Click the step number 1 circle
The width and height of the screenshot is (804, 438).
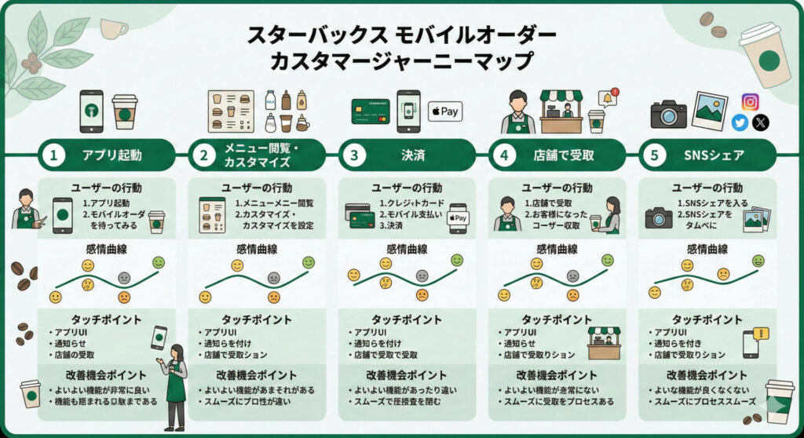53,155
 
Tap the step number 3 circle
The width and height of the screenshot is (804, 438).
353,155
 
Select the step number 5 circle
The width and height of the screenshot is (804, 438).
653,155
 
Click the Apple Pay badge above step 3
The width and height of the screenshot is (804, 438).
444,111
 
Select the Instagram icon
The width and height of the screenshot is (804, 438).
751,101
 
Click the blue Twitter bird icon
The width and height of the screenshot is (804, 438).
740,122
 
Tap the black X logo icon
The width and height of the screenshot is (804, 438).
760,122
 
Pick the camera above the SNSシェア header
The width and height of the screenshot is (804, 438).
668,115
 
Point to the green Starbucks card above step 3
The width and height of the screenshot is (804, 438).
371,111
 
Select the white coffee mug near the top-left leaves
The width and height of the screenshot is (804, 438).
112,29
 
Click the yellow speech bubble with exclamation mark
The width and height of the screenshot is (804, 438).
760,334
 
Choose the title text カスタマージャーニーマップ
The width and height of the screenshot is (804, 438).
401,60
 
